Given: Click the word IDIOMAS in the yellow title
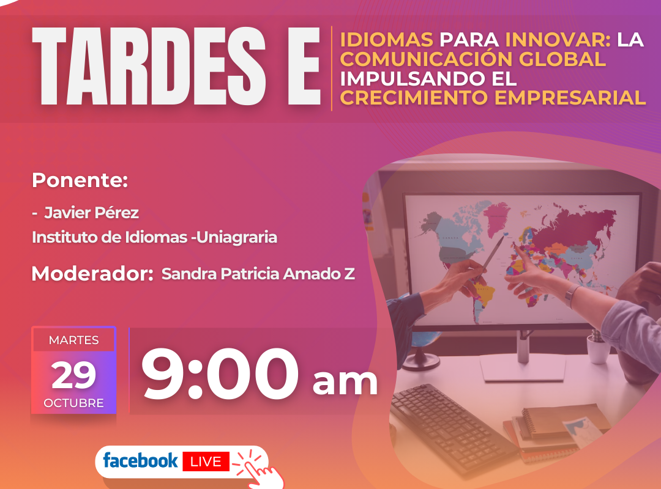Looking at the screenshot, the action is [387, 40].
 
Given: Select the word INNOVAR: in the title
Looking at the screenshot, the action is [558, 40].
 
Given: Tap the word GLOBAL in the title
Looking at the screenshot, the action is [562, 59].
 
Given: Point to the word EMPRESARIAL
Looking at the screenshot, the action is [570, 98].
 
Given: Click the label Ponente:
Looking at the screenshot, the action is [80, 180].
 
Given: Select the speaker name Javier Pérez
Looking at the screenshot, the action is [91, 213].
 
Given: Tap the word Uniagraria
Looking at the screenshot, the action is [237, 237].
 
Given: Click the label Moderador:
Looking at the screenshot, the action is [92, 274].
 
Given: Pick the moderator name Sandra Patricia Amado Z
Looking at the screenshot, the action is [258, 274].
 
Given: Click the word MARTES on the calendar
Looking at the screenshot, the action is [74, 340].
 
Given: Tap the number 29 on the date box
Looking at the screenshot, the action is [74, 375].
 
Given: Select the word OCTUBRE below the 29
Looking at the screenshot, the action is [74, 403].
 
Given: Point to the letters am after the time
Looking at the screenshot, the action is [345, 382].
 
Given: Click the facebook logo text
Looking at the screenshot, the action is [140, 460].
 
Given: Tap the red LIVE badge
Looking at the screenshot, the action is [206, 461].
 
